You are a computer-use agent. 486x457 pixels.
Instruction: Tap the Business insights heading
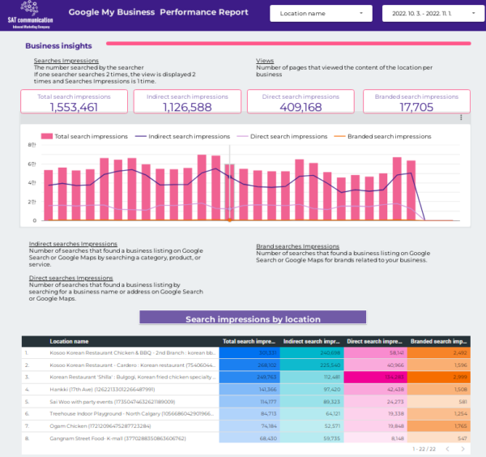tap(58, 46)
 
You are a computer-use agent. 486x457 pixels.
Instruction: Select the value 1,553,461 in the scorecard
tap(74, 107)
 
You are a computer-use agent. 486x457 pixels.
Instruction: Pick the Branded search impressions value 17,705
tap(416, 107)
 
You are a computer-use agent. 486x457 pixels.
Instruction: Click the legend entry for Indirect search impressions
tap(181, 136)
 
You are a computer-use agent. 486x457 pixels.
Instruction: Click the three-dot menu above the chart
tap(460, 118)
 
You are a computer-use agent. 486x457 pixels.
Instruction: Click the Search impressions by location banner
tap(253, 318)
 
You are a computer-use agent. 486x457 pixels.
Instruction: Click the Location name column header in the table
tap(69, 342)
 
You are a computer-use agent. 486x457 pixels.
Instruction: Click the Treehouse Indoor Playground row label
tap(120, 413)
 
